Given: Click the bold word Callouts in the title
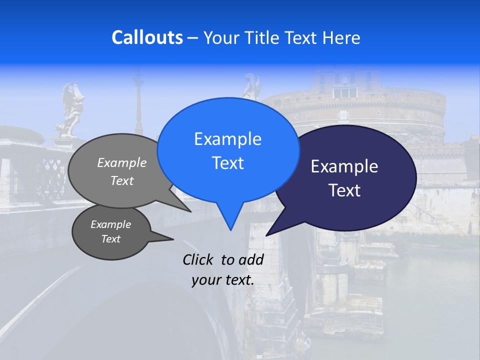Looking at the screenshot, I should tap(147, 37).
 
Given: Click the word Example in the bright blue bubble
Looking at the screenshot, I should tap(227, 139).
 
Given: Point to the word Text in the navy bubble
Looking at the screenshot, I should tap(344, 190).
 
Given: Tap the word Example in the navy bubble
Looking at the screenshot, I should tap(344, 166).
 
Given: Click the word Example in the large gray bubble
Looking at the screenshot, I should tap(122, 163).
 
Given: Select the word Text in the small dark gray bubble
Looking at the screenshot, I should tap(111, 239).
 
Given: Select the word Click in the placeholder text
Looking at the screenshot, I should tap(199, 259).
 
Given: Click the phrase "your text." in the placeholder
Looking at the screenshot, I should tap(223, 280).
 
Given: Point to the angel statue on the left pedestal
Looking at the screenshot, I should tap(70, 110).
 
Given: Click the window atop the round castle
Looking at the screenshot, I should tap(345, 92).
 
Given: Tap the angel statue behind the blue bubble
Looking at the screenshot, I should tap(252, 86).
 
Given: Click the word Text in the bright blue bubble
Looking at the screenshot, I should tap(227, 163).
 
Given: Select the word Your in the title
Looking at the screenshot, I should tap(220, 38).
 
